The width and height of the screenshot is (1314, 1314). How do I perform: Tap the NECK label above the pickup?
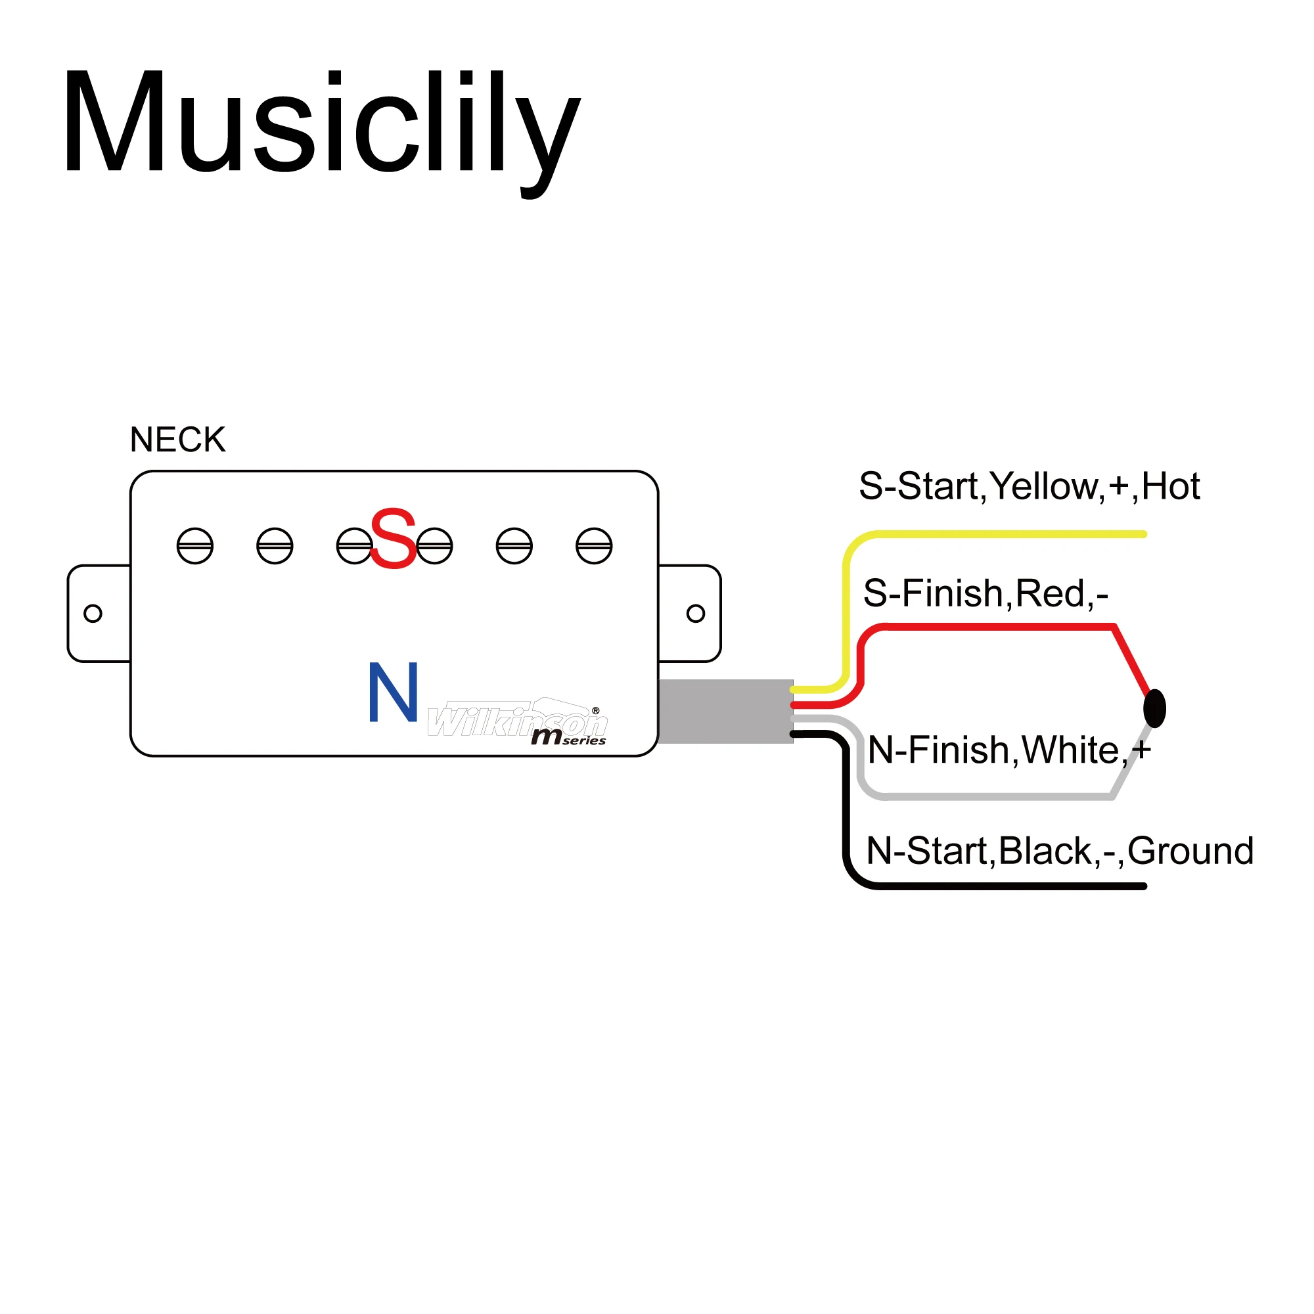(x=177, y=440)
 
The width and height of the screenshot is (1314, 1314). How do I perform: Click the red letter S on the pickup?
(x=393, y=539)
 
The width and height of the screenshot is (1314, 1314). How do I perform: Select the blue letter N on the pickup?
(x=392, y=692)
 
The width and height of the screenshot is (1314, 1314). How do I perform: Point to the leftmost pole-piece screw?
(x=195, y=545)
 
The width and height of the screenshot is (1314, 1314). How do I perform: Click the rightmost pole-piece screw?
(x=594, y=545)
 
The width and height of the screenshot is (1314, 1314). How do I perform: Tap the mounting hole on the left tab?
(x=93, y=614)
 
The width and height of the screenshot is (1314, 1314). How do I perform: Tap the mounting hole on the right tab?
(x=695, y=614)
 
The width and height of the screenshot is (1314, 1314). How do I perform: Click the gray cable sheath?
(x=725, y=712)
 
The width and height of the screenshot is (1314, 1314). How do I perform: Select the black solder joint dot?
(x=1155, y=708)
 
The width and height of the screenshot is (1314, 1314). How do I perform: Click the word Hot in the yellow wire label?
(x=1170, y=487)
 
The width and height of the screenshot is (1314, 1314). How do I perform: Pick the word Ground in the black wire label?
(x=1190, y=851)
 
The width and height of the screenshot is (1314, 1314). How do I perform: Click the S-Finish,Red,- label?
(x=985, y=594)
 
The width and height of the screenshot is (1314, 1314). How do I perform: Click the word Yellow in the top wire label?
(x=1044, y=487)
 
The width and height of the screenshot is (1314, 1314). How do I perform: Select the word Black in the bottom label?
(x=1045, y=851)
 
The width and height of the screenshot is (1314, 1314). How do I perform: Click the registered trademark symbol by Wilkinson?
(x=596, y=711)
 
